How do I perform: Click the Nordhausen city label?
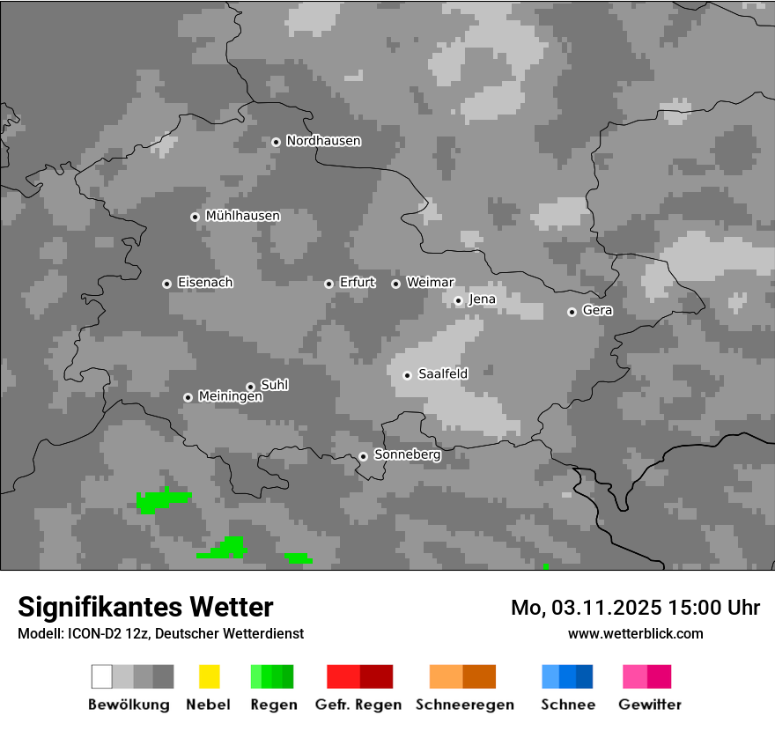(323, 141)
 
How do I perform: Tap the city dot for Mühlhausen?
(195, 217)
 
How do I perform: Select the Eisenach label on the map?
(205, 283)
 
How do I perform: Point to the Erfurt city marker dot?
(328, 284)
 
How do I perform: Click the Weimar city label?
(430, 283)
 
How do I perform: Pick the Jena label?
(482, 299)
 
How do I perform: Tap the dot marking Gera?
(572, 312)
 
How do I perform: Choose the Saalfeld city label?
(443, 374)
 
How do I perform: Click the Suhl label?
(275, 385)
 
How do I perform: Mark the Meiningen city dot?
(188, 397)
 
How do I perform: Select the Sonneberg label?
(407, 455)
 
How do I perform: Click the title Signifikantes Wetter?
(145, 607)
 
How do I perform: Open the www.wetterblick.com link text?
(635, 633)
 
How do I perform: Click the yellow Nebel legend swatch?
(209, 676)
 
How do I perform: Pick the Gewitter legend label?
(650, 705)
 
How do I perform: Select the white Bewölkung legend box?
(102, 676)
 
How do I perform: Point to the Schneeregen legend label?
(465, 705)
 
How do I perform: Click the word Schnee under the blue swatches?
(568, 705)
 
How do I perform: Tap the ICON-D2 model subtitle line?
(160, 633)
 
